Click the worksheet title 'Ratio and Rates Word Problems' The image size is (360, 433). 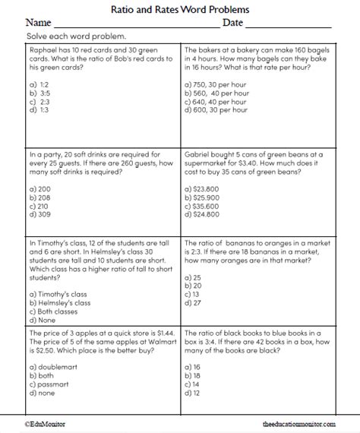click(180, 10)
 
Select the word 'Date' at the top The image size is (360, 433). click(232, 24)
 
